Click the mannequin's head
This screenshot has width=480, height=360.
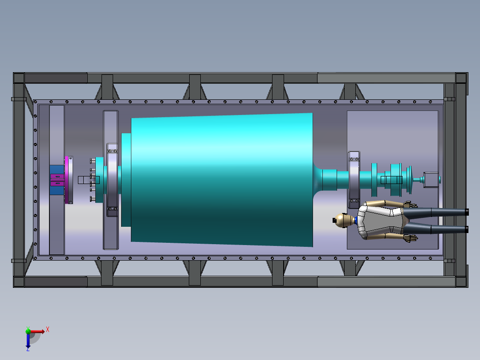(x=342, y=220)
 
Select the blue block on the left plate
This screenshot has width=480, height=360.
(x=57, y=180)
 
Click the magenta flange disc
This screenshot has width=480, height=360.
(x=66, y=180)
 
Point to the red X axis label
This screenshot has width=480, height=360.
(x=48, y=330)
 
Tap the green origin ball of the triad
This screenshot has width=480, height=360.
(x=28, y=331)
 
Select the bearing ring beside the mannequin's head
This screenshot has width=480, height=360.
(x=354, y=180)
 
